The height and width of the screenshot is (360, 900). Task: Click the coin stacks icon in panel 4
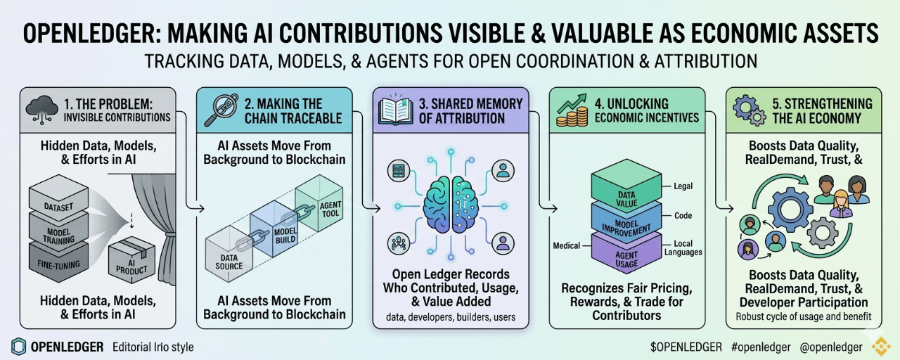[572, 111]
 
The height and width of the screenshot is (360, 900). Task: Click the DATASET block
[58, 198]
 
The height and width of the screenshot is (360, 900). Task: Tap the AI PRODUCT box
[131, 260]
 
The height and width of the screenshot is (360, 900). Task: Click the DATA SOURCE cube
[229, 254]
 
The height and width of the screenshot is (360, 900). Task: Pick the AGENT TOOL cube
[319, 203]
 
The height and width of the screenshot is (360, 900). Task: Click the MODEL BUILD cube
[274, 229]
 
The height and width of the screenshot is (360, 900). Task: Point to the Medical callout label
[567, 245]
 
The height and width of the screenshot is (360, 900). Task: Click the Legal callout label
[683, 186]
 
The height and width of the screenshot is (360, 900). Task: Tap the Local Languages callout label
[683, 248]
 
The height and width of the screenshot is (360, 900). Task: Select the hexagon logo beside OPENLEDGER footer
[18, 347]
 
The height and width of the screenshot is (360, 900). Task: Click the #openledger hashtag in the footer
[761, 347]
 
